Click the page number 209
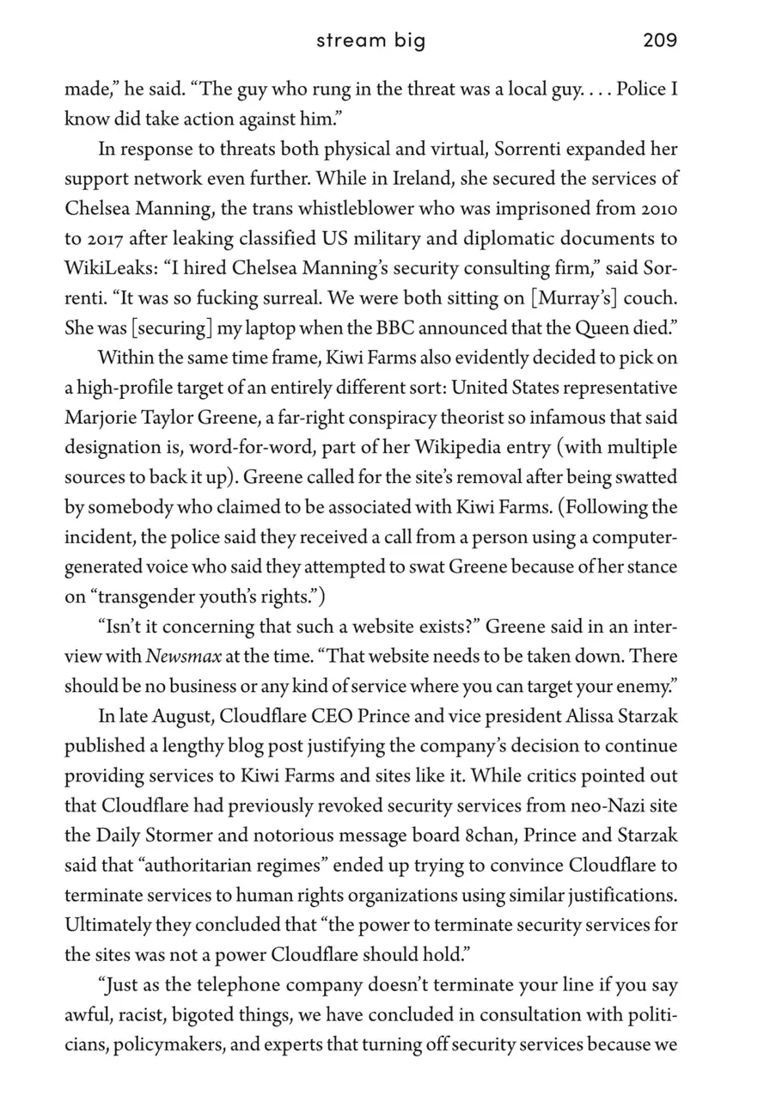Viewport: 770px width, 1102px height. coord(659,40)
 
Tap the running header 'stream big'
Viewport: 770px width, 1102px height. coord(370,40)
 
